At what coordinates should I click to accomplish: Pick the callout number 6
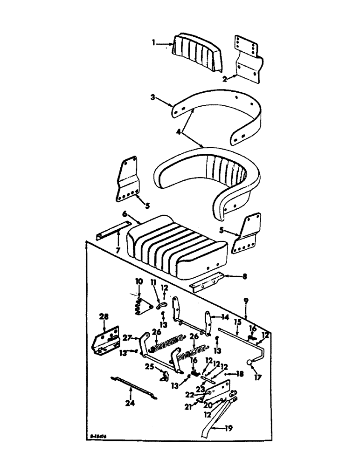coord(125,214)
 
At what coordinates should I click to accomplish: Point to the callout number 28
coord(103,317)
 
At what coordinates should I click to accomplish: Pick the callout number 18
coord(239,373)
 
